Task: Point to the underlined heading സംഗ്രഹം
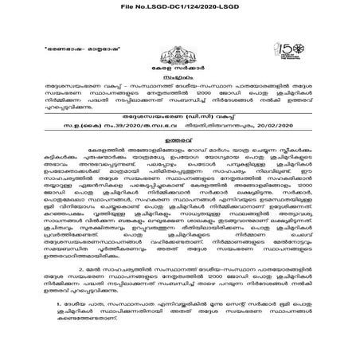(x=181, y=80)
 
